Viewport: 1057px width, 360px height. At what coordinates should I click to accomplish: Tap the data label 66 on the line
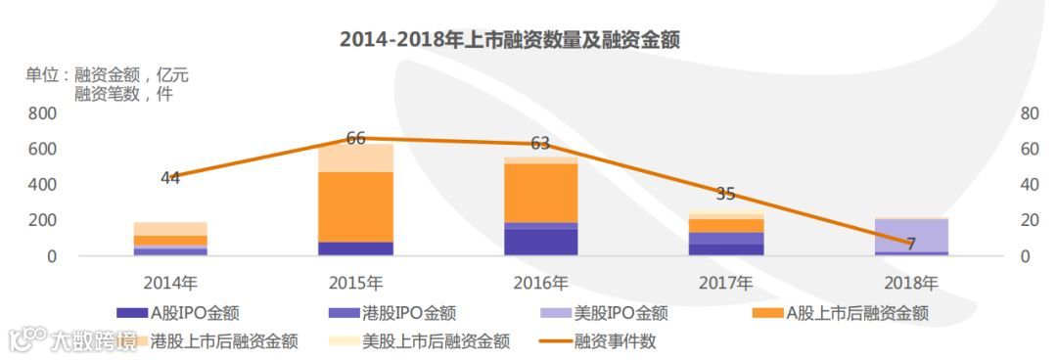click(x=355, y=140)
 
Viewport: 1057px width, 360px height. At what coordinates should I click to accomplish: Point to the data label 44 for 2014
click(x=170, y=178)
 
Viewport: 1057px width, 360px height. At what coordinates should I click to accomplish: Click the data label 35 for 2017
click(x=725, y=194)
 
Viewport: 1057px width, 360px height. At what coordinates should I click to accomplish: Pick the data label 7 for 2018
click(x=910, y=244)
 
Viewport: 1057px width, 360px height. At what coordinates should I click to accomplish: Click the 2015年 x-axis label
click(x=355, y=284)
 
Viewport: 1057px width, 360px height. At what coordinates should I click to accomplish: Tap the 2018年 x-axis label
click(x=911, y=284)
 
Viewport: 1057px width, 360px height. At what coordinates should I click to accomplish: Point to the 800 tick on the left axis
click(x=42, y=113)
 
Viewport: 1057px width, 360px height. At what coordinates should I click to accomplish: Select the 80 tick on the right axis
click(x=1029, y=113)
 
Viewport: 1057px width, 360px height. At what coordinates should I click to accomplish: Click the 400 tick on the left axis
click(x=42, y=185)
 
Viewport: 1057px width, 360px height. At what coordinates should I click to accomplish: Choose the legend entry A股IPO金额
click(x=178, y=314)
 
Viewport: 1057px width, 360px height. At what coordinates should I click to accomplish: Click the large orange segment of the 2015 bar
click(x=355, y=205)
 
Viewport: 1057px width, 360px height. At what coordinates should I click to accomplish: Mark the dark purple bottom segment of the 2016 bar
click(x=540, y=242)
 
